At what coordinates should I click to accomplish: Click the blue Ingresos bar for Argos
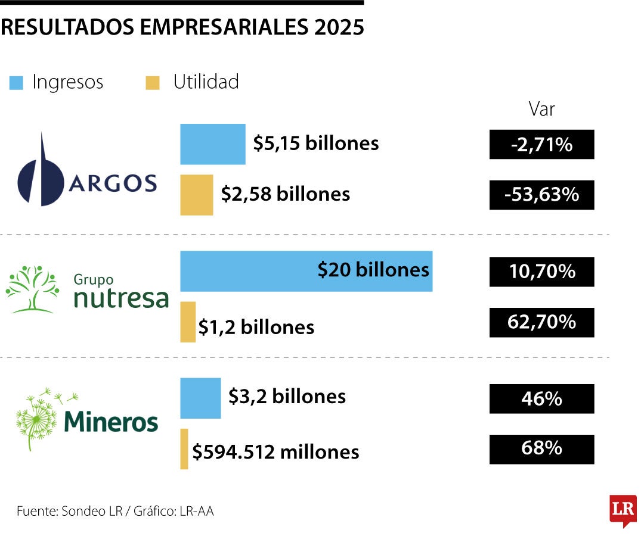pyautogui.click(x=213, y=144)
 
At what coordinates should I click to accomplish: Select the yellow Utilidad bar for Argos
pyautogui.click(x=197, y=195)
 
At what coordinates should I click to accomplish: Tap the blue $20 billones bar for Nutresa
pyautogui.click(x=306, y=271)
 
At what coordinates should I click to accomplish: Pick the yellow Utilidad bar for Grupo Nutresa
pyautogui.click(x=188, y=322)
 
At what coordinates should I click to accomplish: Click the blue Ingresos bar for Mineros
pyautogui.click(x=200, y=398)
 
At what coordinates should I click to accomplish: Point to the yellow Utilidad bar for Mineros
pyautogui.click(x=184, y=449)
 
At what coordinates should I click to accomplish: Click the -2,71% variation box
pyautogui.click(x=541, y=144)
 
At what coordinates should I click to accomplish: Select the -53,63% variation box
pyautogui.click(x=541, y=195)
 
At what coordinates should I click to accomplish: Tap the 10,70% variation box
pyautogui.click(x=541, y=272)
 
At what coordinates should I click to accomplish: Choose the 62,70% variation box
pyautogui.click(x=541, y=322)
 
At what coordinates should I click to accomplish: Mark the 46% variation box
pyautogui.click(x=541, y=398)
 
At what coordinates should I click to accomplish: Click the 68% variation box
pyautogui.click(x=541, y=449)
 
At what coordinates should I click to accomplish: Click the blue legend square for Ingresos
pyautogui.click(x=16, y=82)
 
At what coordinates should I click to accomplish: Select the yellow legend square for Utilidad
pyautogui.click(x=153, y=82)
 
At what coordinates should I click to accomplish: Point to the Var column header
pyautogui.click(x=541, y=109)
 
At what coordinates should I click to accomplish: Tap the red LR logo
pyautogui.click(x=623, y=510)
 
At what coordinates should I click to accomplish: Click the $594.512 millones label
pyautogui.click(x=275, y=452)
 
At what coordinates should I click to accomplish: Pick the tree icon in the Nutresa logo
pyautogui.click(x=32, y=289)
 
